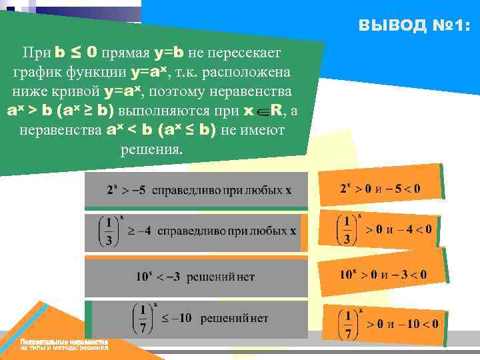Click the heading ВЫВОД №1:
[413, 26]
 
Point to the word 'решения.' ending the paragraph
[151, 149]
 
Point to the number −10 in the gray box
[178, 318]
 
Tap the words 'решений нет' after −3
[221, 276]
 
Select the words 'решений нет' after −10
[234, 318]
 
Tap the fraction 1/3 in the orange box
[347, 230]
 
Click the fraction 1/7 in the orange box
[347, 324]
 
